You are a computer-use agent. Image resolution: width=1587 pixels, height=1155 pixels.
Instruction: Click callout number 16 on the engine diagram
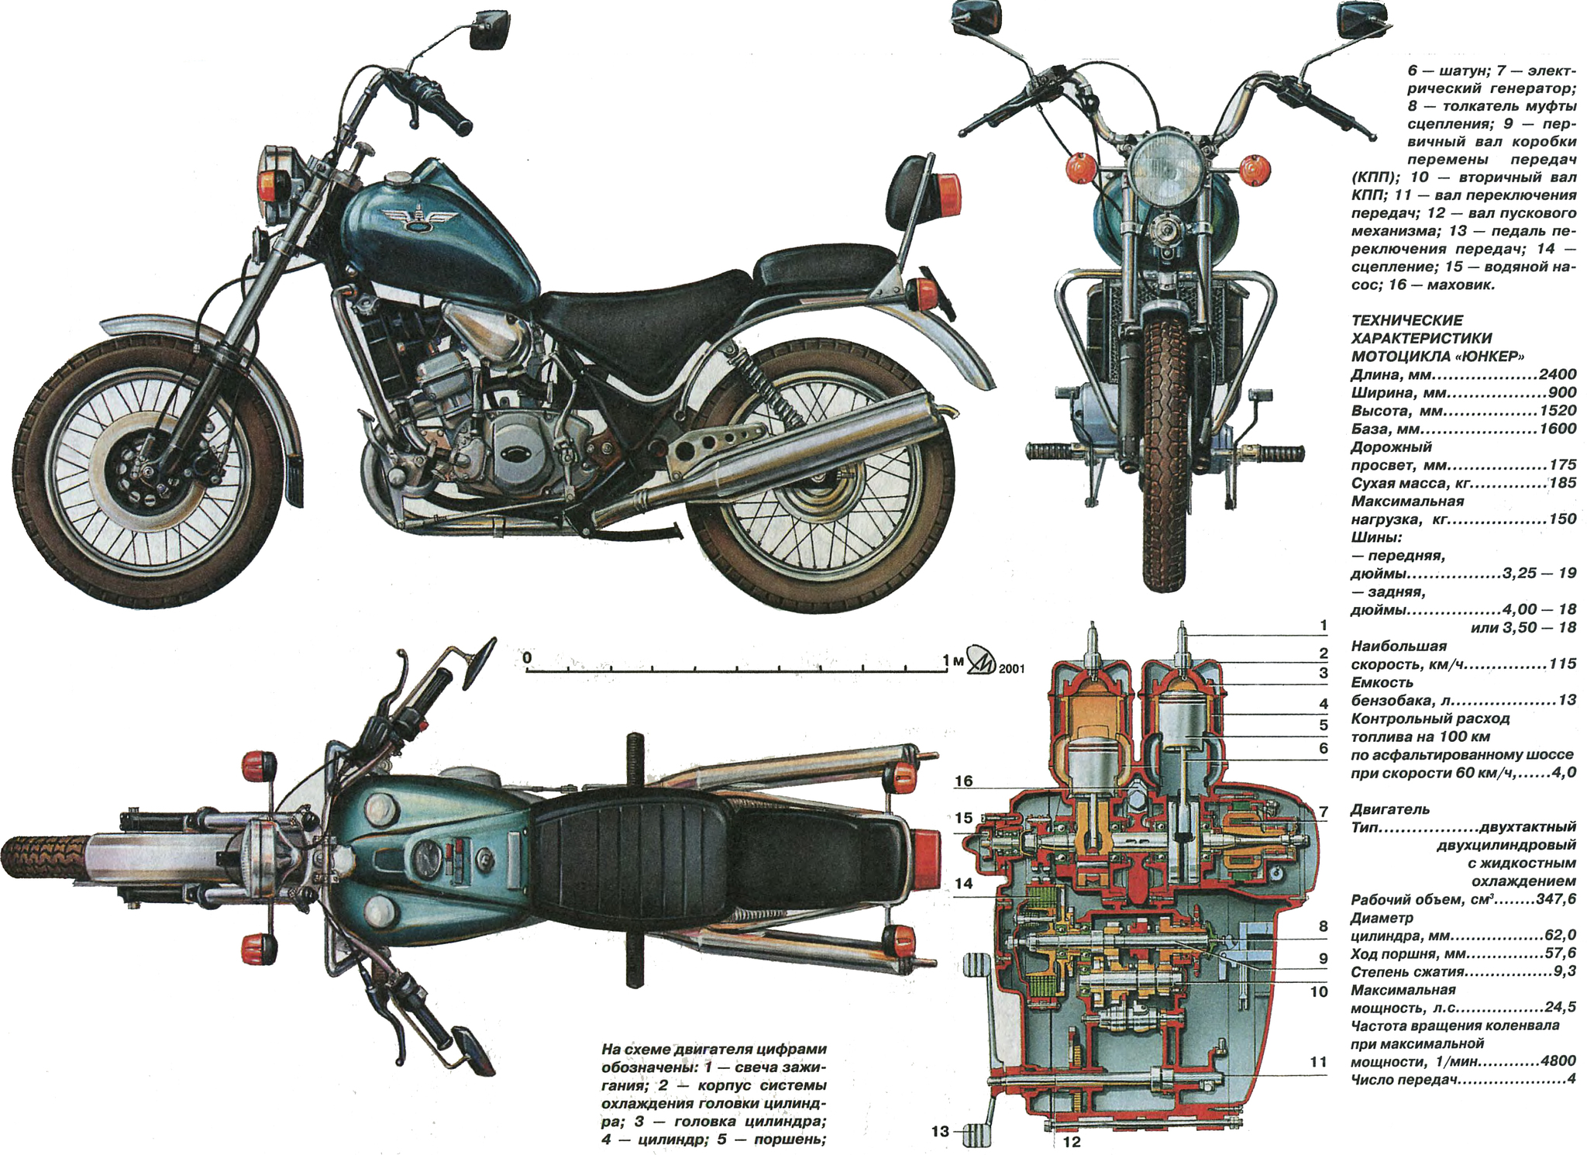(963, 781)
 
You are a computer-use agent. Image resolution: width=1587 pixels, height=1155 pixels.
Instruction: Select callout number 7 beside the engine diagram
(1324, 812)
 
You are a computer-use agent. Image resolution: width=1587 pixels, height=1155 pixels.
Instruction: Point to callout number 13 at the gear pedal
(940, 1132)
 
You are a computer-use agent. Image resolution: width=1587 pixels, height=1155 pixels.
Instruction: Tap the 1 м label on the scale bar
(952, 660)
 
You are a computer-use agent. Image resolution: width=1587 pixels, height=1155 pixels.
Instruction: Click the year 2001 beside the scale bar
(1010, 667)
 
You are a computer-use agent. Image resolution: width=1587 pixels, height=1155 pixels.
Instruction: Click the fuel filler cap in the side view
(400, 180)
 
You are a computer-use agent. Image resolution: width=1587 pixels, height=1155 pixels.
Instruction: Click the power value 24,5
(1559, 1008)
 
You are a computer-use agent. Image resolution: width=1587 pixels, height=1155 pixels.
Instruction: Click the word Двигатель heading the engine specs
(1389, 809)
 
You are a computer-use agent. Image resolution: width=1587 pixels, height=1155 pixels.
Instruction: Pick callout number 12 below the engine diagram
(1072, 1142)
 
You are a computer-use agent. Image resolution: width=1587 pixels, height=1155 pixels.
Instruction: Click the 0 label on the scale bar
(528, 658)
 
